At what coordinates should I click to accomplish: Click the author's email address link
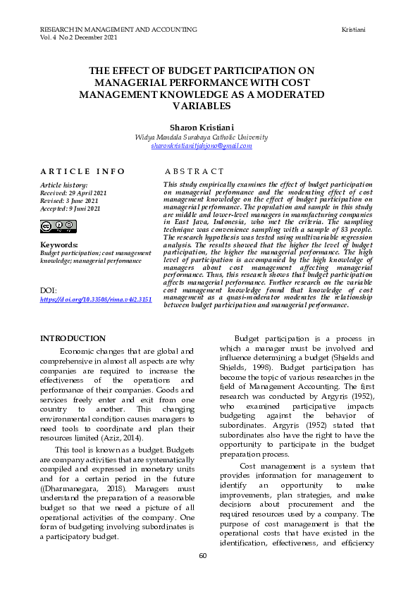click(201, 145)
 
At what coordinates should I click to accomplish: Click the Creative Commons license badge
click(58, 226)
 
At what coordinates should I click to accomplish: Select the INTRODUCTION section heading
click(73, 339)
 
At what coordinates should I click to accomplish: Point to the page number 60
click(202, 556)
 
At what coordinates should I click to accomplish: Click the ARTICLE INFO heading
click(82, 171)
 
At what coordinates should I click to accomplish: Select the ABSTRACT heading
click(194, 171)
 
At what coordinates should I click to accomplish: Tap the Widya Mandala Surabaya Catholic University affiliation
click(201, 137)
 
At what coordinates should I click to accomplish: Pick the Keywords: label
click(59, 245)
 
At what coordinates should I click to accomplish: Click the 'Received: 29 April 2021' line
click(74, 192)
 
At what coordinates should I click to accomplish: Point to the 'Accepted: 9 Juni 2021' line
click(70, 209)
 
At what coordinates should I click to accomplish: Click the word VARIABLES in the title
click(202, 106)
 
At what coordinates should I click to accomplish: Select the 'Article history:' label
click(63, 185)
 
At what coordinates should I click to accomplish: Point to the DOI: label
click(49, 290)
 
